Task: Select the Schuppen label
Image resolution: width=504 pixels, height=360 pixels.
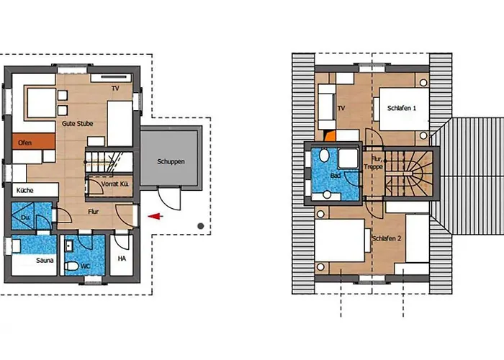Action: (171, 161)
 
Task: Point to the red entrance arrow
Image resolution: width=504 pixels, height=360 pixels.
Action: (154, 215)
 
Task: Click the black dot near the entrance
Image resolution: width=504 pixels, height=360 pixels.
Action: (201, 227)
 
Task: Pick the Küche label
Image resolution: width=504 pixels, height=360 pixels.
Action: (25, 190)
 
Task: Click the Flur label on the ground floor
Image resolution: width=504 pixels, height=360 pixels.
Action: (94, 212)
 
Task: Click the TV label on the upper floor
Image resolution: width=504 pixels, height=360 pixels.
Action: (341, 109)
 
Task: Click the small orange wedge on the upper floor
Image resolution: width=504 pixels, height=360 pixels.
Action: (330, 134)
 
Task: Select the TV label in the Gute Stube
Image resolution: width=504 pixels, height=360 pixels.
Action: (115, 88)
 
